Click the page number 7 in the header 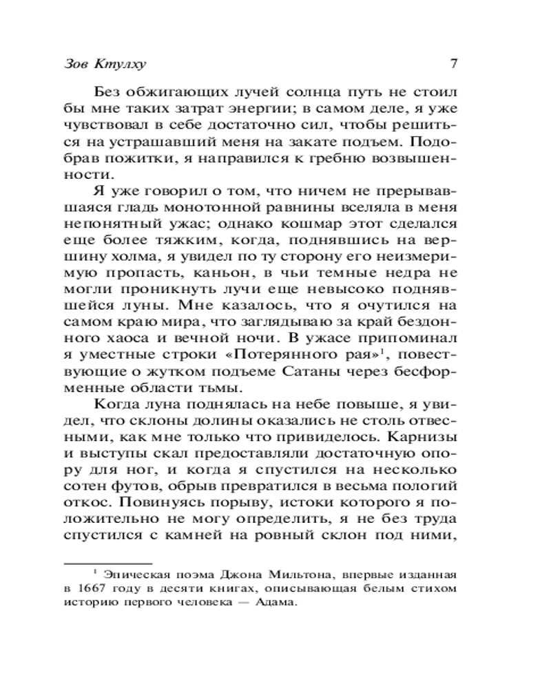(454, 64)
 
